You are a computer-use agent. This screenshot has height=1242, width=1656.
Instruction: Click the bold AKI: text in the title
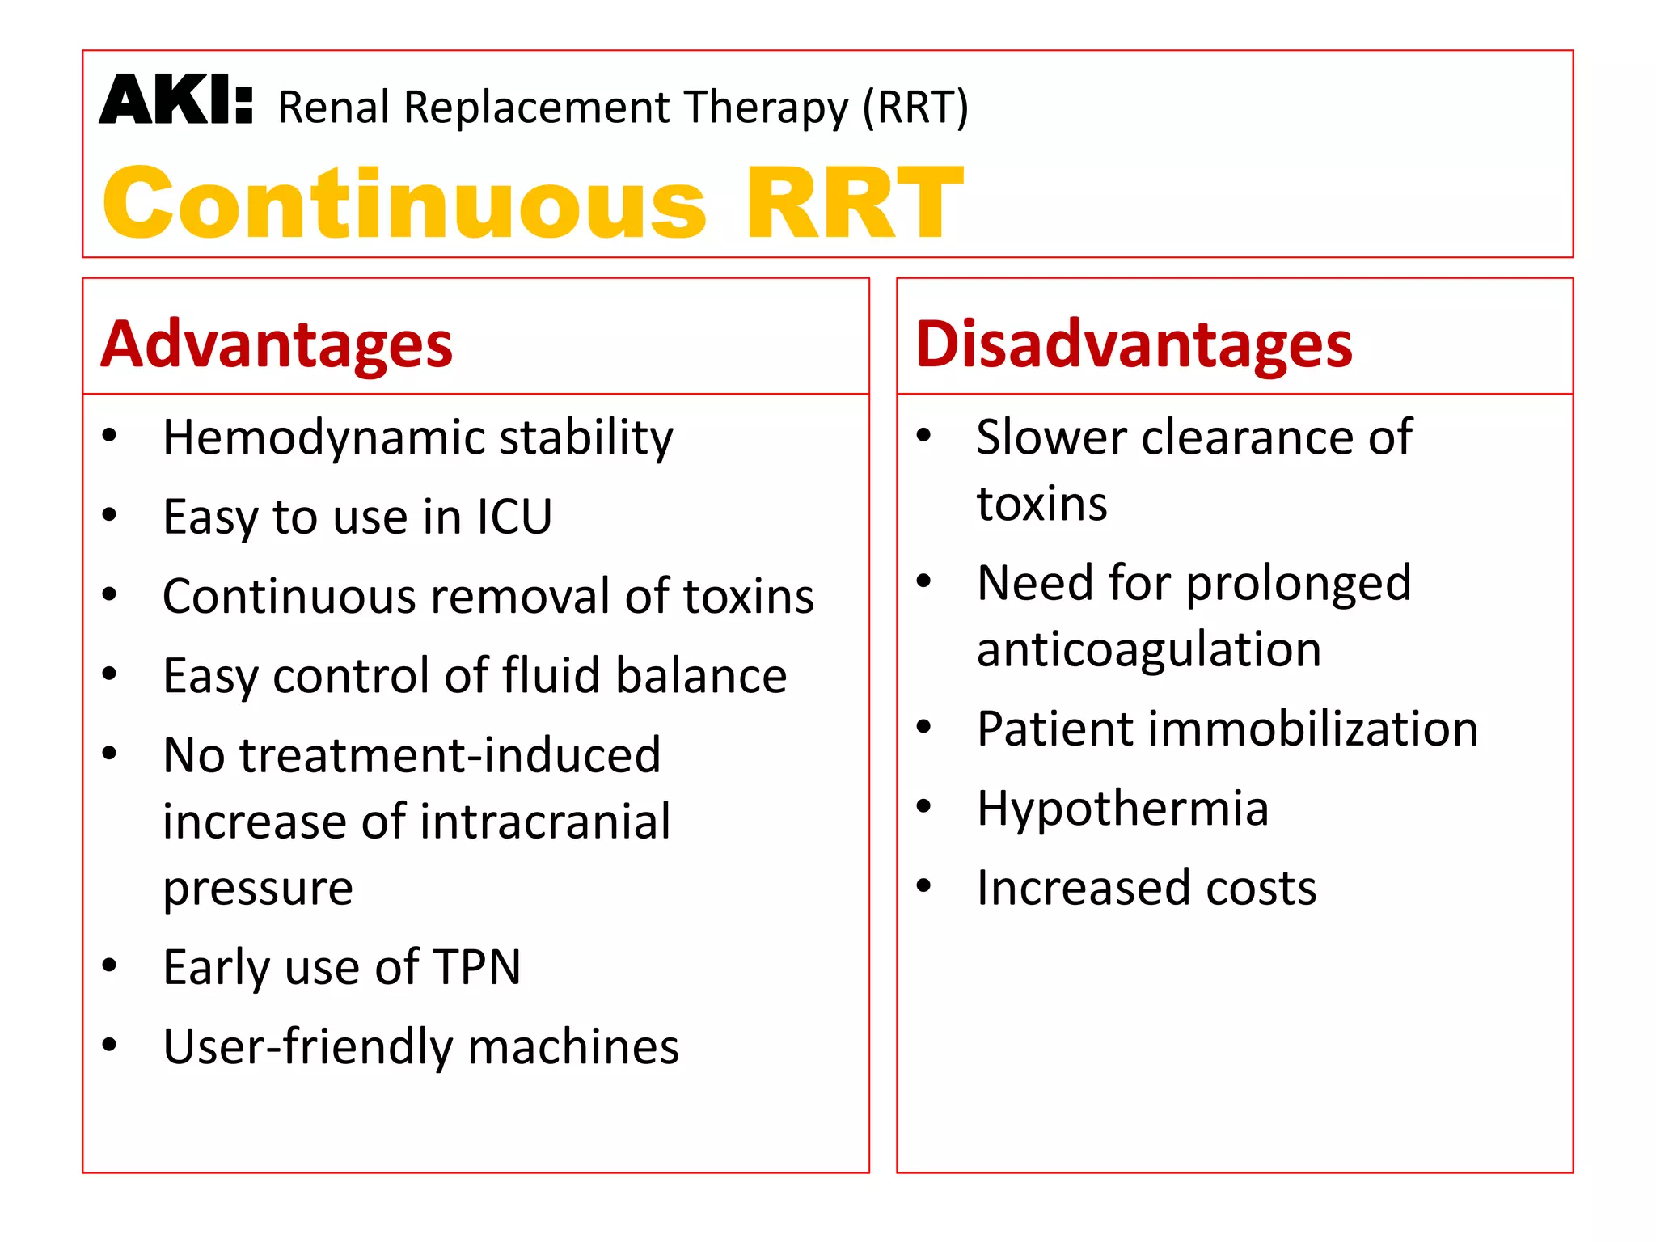pyautogui.click(x=176, y=101)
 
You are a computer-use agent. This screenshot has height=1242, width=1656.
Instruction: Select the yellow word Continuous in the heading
pyautogui.click(x=404, y=204)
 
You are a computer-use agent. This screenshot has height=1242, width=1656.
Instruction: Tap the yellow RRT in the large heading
pyautogui.click(x=854, y=204)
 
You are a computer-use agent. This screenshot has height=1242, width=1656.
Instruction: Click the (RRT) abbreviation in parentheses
pyautogui.click(x=915, y=108)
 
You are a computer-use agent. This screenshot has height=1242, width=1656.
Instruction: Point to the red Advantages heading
pyautogui.click(x=277, y=345)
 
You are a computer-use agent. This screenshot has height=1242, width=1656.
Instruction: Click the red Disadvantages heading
pyautogui.click(x=1133, y=345)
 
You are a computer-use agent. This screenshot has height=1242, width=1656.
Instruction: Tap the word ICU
pyautogui.click(x=514, y=517)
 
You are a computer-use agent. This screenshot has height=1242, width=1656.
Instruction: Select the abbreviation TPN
pyautogui.click(x=477, y=967)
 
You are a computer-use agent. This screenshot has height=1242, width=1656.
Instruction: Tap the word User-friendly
pyautogui.click(x=307, y=1047)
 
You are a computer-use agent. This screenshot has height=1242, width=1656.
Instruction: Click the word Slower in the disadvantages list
pyautogui.click(x=1051, y=438)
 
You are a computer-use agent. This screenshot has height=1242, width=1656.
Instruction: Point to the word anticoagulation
pyautogui.click(x=1149, y=649)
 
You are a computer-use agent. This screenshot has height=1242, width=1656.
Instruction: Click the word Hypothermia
pyautogui.click(x=1122, y=809)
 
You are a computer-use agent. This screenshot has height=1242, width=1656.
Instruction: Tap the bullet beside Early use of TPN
pyautogui.click(x=110, y=965)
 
